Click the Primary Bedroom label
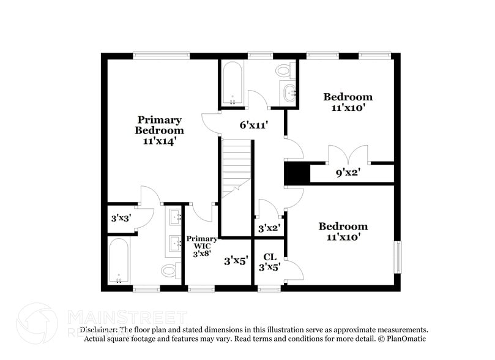click(159, 125)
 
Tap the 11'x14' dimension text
click(159, 140)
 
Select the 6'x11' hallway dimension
click(254, 125)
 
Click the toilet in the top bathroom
click(284, 71)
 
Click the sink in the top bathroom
click(289, 93)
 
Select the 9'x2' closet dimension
click(348, 173)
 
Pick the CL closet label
click(270, 257)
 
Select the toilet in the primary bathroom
click(168, 269)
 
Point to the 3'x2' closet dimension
click(269, 228)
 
